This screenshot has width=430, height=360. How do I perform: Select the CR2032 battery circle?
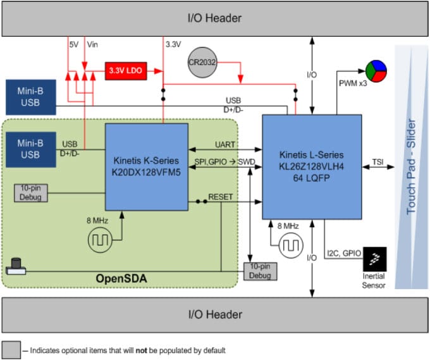click(204, 63)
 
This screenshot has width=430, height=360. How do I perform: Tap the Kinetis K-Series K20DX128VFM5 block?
click(147, 167)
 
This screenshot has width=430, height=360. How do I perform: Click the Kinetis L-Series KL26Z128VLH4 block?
click(312, 165)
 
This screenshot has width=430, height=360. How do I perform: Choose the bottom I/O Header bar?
click(216, 314)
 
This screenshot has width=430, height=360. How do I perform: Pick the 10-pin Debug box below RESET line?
click(260, 271)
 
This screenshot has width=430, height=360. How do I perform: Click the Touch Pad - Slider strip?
click(411, 166)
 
